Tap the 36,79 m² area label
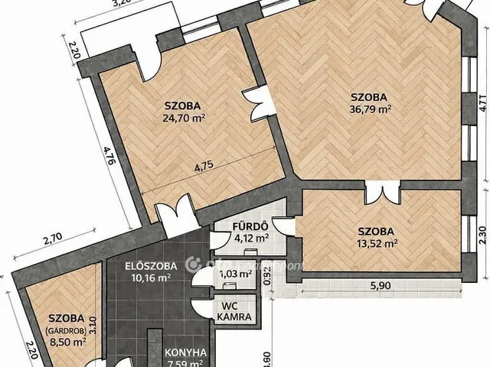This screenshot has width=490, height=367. tap(371, 109)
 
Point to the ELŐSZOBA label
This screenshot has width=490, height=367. tap(152, 266)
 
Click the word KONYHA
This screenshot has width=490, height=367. tap(185, 353)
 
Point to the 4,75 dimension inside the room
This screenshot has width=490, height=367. tap(204, 164)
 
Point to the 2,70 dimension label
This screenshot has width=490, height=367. tap(52, 239)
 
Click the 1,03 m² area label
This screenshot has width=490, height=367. tap(236, 274)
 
